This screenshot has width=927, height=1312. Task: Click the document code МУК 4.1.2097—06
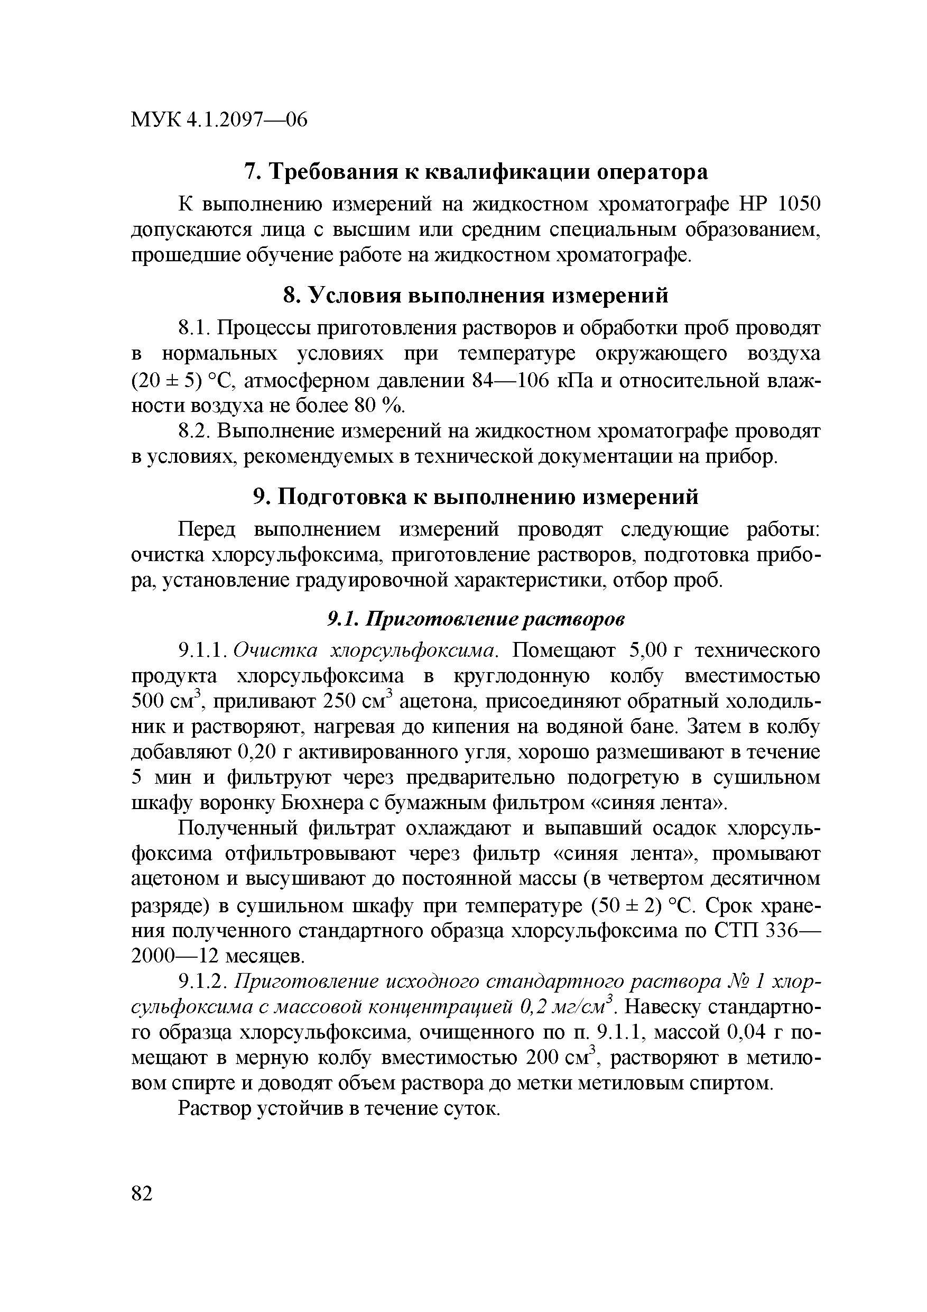click(x=219, y=120)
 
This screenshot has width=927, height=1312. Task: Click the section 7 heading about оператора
click(x=476, y=171)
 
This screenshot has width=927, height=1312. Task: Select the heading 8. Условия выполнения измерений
click(x=476, y=296)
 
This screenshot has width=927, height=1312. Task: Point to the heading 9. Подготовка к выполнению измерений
click(x=476, y=497)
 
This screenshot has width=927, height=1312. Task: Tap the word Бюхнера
click(x=323, y=803)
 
